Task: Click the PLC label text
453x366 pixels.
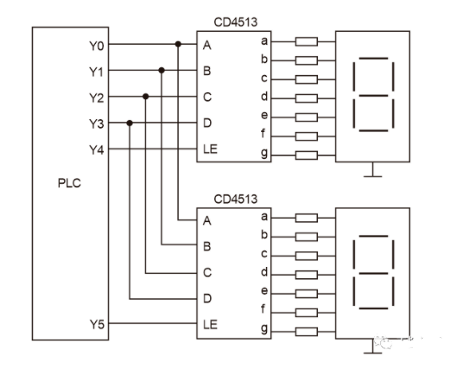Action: pos(69,181)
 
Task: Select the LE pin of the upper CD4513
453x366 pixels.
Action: pos(210,149)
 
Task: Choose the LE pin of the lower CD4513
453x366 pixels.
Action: pos(210,324)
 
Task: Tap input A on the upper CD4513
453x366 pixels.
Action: pos(207,45)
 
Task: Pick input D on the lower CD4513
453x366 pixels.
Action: pos(207,299)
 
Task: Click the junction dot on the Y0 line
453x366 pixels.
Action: pos(177,44)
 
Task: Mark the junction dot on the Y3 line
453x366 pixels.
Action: pos(129,123)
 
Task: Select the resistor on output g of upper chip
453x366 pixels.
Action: pos(306,155)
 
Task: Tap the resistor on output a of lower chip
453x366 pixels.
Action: pos(306,217)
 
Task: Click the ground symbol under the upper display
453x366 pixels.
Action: pos(372,170)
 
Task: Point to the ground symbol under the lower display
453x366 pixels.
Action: pos(372,346)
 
